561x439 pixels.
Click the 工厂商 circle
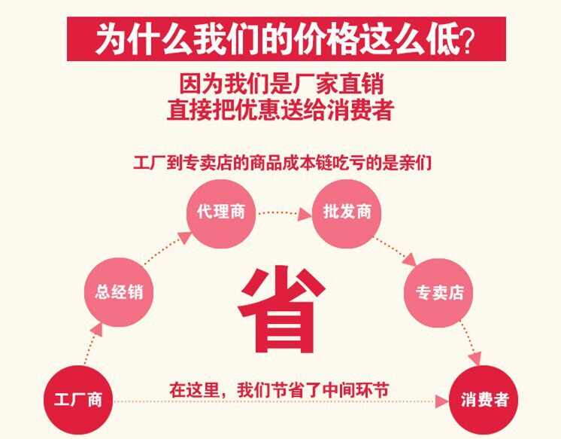(x=78, y=400)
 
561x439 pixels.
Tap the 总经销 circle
(x=119, y=291)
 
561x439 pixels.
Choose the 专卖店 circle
(x=438, y=292)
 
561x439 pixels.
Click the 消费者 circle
(x=484, y=400)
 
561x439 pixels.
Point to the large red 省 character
(x=282, y=309)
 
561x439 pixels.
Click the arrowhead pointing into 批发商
(x=305, y=214)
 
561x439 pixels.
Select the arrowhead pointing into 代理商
(x=184, y=238)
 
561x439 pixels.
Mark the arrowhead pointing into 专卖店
(x=410, y=260)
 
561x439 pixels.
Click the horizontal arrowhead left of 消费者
(x=442, y=401)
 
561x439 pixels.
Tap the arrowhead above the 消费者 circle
(x=475, y=358)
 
